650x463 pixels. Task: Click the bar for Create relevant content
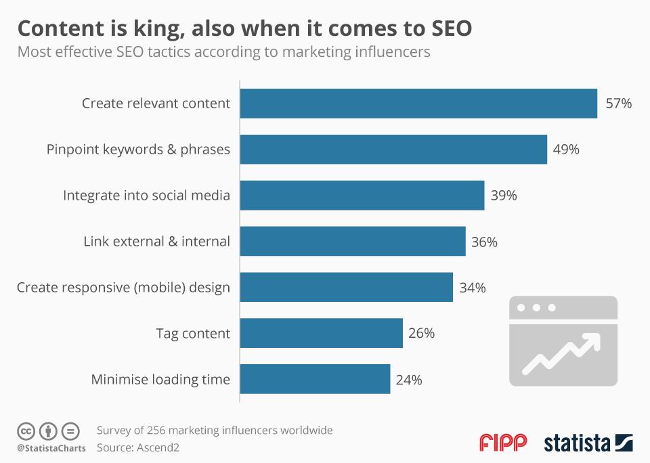(x=418, y=104)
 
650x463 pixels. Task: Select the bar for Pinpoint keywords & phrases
(x=393, y=150)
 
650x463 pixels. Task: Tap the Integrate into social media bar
(x=362, y=196)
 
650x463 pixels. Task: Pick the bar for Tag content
(x=322, y=333)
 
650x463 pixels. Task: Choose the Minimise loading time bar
(x=316, y=379)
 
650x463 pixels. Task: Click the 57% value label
(x=618, y=104)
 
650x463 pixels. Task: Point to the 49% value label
(x=566, y=150)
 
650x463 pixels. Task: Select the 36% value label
(x=484, y=242)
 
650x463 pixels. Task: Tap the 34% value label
(x=473, y=288)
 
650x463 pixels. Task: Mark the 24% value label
(x=409, y=380)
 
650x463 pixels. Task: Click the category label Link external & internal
(x=156, y=242)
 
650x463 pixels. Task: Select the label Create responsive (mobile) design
(x=123, y=288)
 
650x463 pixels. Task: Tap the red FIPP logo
(x=503, y=443)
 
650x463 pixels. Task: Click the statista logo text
(x=578, y=443)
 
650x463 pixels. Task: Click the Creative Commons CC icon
(x=26, y=431)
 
